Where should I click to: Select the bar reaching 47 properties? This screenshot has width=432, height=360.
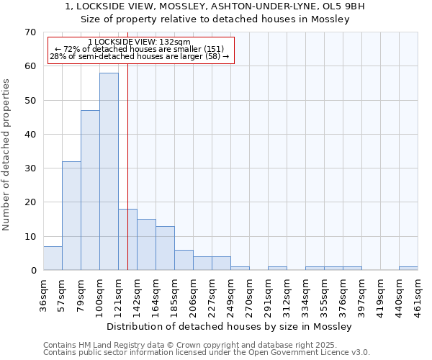tap(90, 190)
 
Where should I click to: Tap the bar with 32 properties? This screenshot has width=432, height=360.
tap(71, 215)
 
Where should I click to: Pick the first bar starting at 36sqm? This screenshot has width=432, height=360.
tap(53, 258)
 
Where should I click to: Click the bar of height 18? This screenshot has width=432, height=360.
tap(127, 239)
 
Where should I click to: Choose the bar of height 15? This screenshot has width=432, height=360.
tap(146, 245)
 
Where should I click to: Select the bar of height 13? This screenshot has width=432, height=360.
tap(165, 248)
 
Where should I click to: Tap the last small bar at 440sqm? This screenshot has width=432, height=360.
tap(408, 269)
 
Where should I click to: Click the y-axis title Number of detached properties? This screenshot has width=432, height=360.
tap(7, 155)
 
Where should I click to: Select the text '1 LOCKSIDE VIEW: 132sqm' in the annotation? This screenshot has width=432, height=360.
tap(139, 42)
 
